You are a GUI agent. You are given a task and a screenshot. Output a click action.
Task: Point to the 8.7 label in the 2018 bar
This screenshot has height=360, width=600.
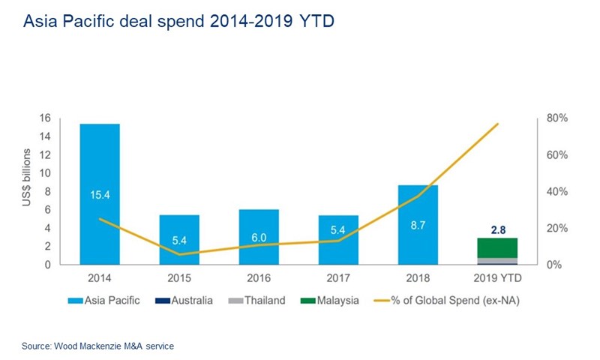coord(418,223)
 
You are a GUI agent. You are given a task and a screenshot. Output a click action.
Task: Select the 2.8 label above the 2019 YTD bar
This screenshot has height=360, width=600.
coord(497,229)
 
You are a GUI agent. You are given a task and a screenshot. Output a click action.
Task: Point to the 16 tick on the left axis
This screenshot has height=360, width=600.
coord(65,118)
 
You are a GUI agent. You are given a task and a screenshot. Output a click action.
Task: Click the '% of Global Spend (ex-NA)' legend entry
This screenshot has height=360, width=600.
coord(442,301)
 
